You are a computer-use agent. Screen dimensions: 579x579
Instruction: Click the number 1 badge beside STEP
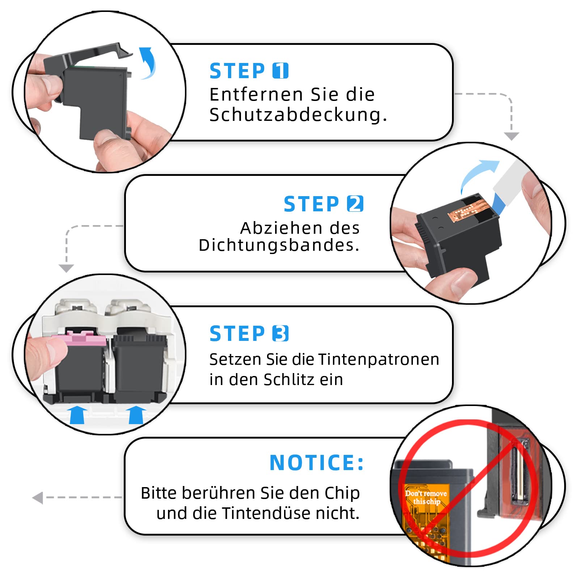point(280,71)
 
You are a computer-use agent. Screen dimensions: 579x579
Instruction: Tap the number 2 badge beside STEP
point(355,204)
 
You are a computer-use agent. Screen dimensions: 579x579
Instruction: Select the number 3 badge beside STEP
point(280,333)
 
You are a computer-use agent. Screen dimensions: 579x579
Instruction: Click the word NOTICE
point(312,462)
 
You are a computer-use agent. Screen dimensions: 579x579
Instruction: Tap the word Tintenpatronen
point(379,360)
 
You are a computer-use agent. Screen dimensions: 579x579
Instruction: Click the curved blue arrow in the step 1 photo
point(148,63)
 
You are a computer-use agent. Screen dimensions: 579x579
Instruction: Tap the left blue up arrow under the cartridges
point(77,415)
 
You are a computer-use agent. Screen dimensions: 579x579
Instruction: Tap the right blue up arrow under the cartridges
point(136,415)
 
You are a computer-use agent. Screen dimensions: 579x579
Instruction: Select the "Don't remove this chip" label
point(426,497)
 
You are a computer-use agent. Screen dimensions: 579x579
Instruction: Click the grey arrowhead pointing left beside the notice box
point(38,498)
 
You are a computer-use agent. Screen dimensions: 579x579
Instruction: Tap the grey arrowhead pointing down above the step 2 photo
point(512,136)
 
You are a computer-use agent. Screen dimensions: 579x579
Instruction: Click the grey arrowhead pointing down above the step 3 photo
point(66,268)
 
